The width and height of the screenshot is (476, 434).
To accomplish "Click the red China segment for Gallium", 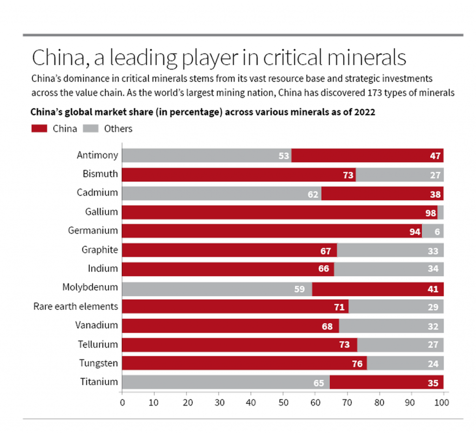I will (279, 212).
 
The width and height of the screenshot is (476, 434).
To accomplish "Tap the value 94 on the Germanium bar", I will (415, 231).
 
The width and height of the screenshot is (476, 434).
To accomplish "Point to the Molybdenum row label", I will (90, 288).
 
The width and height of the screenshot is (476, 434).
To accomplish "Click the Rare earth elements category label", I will (76, 307).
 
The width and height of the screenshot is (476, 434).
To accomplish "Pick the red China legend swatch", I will (40, 129).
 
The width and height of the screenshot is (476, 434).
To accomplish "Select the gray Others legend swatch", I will (91, 129).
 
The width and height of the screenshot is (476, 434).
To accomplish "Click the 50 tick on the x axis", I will (283, 402).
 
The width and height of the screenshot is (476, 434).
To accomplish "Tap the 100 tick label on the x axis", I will (443, 402).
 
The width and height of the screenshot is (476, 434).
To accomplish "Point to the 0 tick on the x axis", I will (122, 402).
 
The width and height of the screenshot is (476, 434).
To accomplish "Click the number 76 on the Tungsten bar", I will (357, 363).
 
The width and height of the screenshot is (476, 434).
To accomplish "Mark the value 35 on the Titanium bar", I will (433, 382).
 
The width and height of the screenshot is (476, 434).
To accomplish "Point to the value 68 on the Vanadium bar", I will (327, 326).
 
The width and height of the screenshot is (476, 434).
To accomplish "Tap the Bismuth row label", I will (100, 175).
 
